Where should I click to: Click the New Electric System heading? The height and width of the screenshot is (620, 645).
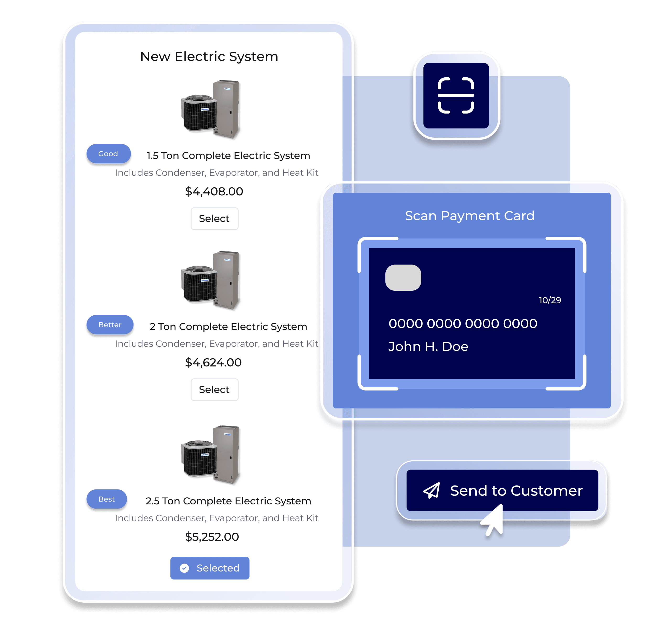click(x=209, y=57)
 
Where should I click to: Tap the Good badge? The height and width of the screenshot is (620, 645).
click(x=108, y=154)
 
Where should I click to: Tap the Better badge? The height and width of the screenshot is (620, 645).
click(x=110, y=325)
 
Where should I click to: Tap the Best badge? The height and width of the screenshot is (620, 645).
click(x=107, y=499)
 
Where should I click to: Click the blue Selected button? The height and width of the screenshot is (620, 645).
click(x=210, y=568)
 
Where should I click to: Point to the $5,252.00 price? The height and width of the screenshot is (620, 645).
click(x=212, y=537)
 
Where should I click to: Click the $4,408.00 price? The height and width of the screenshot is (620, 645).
click(x=214, y=191)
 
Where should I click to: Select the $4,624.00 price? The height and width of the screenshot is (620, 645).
click(x=213, y=362)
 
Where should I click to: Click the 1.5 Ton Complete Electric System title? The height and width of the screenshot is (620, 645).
click(x=228, y=156)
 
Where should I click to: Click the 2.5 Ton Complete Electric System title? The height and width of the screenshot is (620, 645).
click(x=228, y=501)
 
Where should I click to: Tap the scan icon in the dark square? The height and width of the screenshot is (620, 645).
click(x=456, y=95)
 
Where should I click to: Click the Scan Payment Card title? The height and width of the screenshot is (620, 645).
click(x=470, y=216)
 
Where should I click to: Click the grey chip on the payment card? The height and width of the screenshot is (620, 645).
click(x=403, y=277)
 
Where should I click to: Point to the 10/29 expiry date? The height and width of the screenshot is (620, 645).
click(x=550, y=300)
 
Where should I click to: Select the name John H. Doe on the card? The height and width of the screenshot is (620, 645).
click(x=428, y=347)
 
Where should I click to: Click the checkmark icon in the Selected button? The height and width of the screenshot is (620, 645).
click(x=185, y=568)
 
